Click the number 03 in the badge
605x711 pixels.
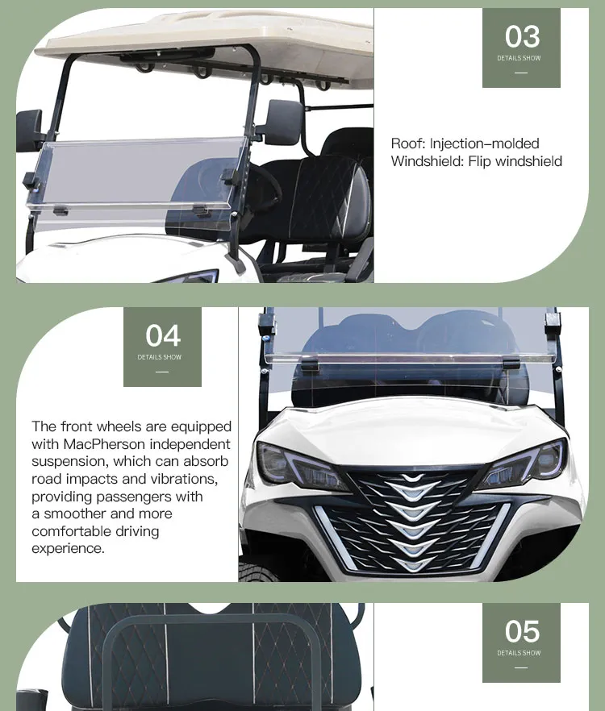coord(522,36)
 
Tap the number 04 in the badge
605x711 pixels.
coord(163,335)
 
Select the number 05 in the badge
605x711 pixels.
coord(522,631)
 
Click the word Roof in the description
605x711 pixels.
coord(407,143)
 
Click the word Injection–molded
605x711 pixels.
coord(484,143)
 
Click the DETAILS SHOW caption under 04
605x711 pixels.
coord(161,357)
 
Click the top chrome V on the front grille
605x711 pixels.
coord(414,481)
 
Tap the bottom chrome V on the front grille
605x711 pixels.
coord(414,563)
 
